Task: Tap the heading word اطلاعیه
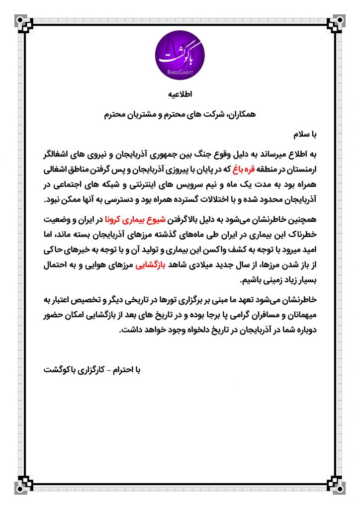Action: click(180, 94)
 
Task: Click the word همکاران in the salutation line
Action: click(239, 114)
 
